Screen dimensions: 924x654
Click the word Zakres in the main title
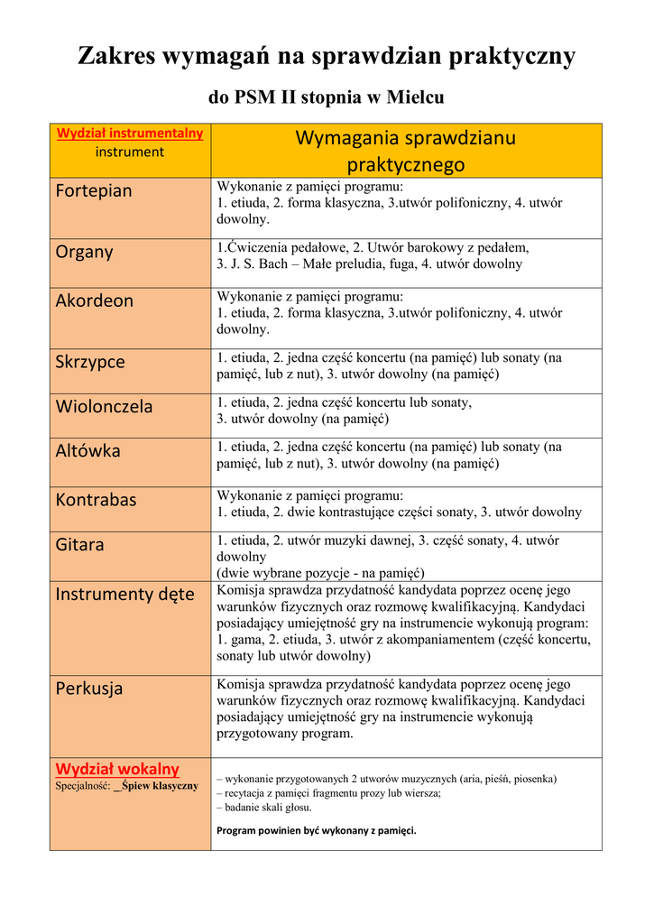click(115, 56)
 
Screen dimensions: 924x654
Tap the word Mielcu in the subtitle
click(416, 97)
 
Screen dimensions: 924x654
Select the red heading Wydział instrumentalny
click(130, 134)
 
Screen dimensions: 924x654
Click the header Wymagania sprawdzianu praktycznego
click(406, 151)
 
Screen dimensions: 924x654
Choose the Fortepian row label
click(94, 190)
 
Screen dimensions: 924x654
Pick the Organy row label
click(84, 252)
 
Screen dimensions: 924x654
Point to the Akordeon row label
click(94, 300)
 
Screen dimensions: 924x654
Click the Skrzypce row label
click(90, 362)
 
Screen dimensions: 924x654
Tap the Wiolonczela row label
click(104, 406)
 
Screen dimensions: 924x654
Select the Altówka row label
click(88, 450)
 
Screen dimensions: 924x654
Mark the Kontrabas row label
click(96, 499)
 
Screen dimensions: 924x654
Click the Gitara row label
click(79, 544)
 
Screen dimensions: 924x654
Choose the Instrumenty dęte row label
click(124, 594)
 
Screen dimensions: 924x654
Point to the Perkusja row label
click(89, 688)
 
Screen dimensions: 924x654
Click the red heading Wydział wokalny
click(117, 769)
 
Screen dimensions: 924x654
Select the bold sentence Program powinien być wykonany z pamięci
click(317, 830)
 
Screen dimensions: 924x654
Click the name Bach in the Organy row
click(271, 264)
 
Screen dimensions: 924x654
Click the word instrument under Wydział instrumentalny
click(130, 152)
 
